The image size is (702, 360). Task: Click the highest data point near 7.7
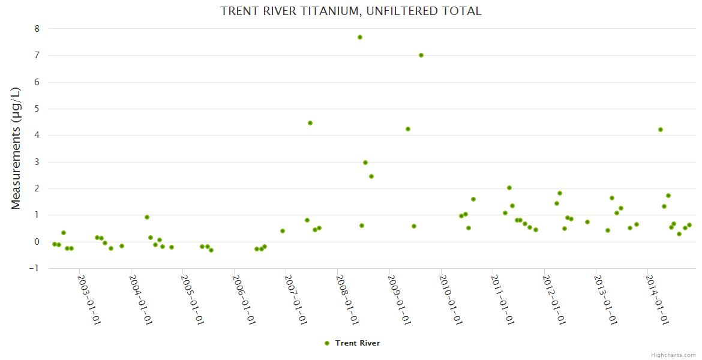pos(360,37)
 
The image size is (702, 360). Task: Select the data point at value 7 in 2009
pos(421,55)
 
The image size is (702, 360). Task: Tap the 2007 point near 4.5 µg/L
pos(310,123)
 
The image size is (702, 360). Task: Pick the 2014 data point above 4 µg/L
pos(661,130)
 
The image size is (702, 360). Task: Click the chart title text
pos(351,11)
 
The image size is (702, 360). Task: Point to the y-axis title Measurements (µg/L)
pos(16,148)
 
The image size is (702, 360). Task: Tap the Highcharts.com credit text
pos(673,355)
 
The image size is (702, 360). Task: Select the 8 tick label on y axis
pos(37,29)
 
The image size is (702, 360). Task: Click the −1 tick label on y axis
pos(34,268)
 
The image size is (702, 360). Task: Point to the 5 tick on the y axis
pos(37,109)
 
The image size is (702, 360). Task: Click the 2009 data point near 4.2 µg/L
pos(408,129)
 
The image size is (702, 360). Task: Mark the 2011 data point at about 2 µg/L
pos(509,188)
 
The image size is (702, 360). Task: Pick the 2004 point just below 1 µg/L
pos(147,217)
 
